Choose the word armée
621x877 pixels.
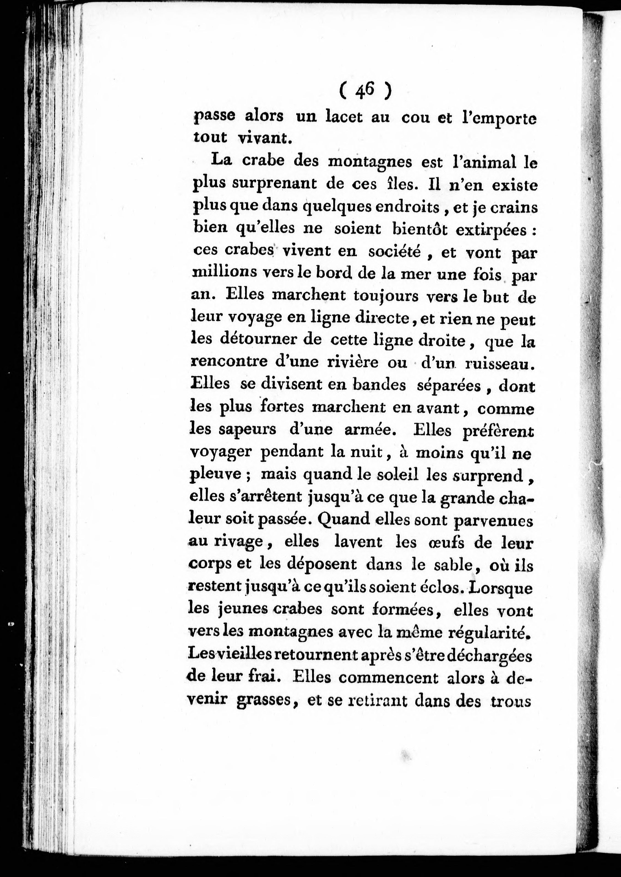367,430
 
